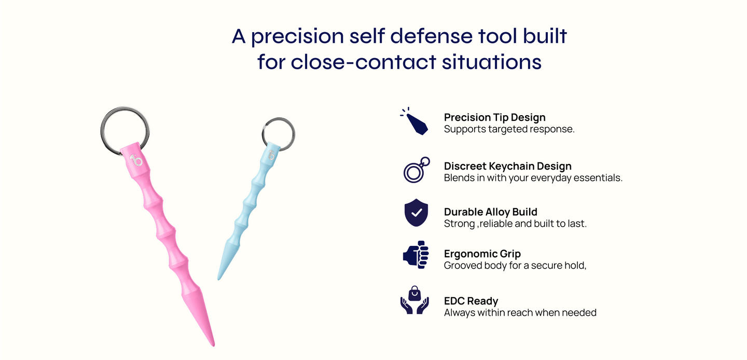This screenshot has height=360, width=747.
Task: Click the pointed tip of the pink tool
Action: [x=213, y=345]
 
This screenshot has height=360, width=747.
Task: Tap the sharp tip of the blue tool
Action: [x=218, y=279]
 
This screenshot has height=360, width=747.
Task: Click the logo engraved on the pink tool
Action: [x=136, y=160]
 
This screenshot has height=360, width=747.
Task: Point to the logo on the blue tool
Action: [x=272, y=155]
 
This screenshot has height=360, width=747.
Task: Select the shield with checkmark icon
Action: [x=416, y=213]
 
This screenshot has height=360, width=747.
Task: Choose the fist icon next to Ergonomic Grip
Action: [x=416, y=255]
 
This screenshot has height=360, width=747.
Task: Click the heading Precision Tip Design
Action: [x=494, y=117]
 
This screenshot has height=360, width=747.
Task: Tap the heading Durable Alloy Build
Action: [x=491, y=212]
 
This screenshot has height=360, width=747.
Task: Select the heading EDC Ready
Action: [x=471, y=301]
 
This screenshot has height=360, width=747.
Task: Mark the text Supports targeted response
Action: [x=509, y=129]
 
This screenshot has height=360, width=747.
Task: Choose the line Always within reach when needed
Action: [x=520, y=313]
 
